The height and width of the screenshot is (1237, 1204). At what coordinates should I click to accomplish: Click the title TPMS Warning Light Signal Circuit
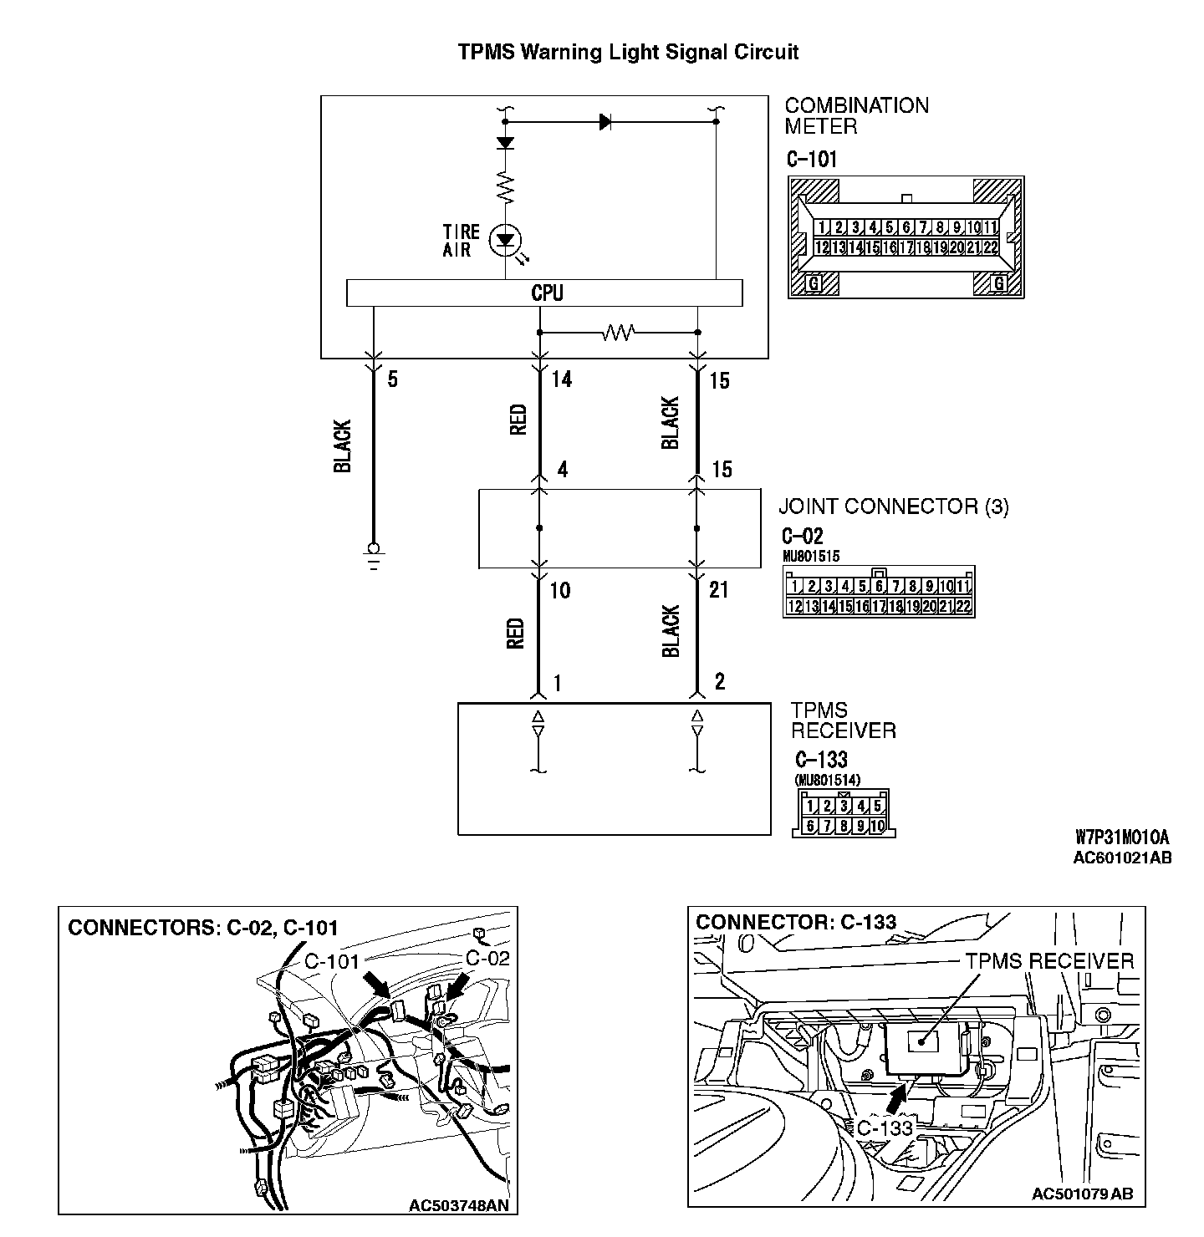click(628, 52)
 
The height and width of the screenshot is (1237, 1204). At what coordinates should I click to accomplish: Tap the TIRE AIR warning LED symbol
click(505, 241)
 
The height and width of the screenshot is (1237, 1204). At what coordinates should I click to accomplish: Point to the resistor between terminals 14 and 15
click(619, 333)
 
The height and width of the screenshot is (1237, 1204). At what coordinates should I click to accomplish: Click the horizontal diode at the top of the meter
click(605, 122)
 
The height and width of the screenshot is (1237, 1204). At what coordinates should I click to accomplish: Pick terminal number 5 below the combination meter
click(392, 380)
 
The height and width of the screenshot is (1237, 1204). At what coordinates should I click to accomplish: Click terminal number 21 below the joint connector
click(718, 590)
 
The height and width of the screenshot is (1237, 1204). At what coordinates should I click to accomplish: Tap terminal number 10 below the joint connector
click(560, 591)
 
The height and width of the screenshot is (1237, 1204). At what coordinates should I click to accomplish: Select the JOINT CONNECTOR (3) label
click(894, 507)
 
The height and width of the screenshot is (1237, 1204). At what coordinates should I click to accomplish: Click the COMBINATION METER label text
click(856, 116)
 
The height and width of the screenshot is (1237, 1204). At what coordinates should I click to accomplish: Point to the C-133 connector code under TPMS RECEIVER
click(820, 760)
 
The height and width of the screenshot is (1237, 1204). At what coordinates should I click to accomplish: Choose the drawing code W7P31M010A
click(1121, 837)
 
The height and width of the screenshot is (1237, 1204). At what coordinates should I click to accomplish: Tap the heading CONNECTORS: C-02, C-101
click(203, 927)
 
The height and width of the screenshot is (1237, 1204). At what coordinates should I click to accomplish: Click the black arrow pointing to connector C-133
click(898, 1097)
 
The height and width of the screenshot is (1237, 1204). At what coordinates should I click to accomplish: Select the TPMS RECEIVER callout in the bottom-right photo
click(1049, 961)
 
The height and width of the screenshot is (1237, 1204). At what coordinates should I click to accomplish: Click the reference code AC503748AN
click(459, 1205)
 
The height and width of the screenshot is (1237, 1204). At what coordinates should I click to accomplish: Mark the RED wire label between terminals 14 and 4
click(518, 420)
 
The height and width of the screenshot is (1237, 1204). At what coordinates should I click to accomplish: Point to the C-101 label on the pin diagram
click(811, 159)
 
